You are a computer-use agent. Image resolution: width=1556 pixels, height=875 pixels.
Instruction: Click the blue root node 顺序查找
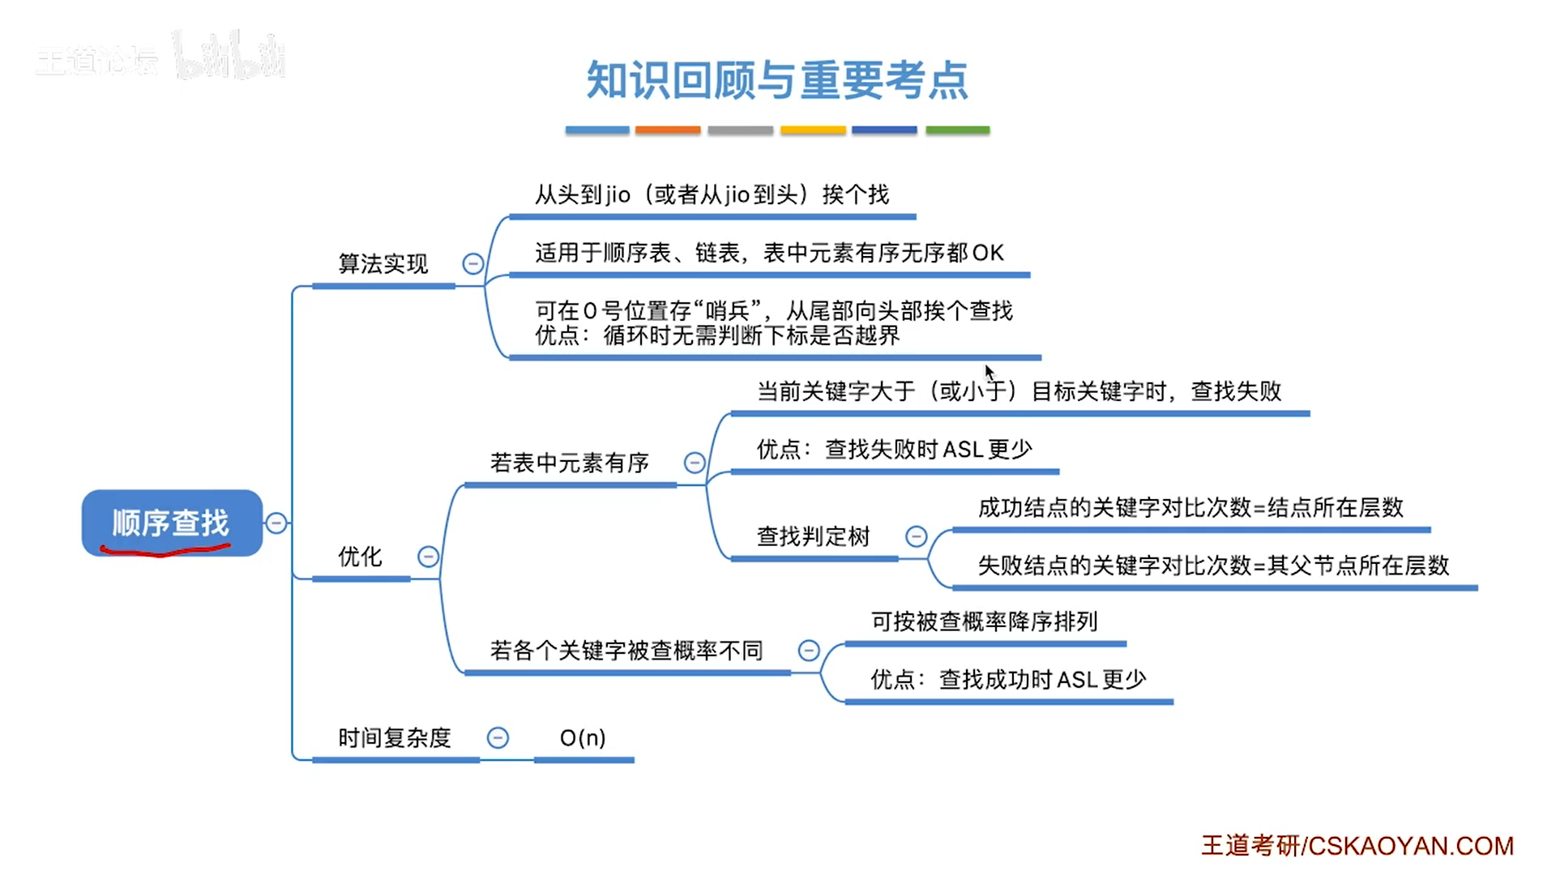click(x=172, y=523)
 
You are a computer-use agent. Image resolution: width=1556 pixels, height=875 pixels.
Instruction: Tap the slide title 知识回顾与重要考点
click(x=777, y=80)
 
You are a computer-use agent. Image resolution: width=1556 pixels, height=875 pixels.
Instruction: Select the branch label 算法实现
click(x=383, y=263)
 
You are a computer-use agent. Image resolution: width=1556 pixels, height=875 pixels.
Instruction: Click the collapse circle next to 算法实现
click(x=473, y=263)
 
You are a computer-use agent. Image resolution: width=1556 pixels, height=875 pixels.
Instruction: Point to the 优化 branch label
click(x=360, y=557)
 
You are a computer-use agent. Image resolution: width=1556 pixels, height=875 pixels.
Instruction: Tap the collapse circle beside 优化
click(x=428, y=557)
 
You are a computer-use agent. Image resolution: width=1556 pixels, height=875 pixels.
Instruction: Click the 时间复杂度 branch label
click(x=395, y=738)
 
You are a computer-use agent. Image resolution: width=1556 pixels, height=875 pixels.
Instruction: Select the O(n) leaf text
click(x=583, y=738)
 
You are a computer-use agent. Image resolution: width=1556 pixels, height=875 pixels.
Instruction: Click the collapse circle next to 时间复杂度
click(x=498, y=738)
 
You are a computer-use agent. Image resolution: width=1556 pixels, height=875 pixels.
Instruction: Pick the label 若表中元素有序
click(x=570, y=463)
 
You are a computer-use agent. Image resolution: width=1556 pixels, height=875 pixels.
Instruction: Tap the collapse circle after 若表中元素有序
click(x=695, y=463)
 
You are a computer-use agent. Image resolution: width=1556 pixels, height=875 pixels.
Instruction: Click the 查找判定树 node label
click(x=814, y=536)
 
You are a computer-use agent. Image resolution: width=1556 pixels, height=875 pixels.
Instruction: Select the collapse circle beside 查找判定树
click(x=916, y=536)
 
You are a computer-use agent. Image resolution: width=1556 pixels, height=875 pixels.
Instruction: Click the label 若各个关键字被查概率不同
click(x=626, y=651)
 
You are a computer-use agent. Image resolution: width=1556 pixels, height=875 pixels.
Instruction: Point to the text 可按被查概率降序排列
click(x=985, y=621)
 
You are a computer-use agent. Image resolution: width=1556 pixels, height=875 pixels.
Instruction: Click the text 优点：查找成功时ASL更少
click(x=1009, y=680)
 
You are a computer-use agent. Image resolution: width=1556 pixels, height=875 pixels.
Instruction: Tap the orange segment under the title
click(x=668, y=130)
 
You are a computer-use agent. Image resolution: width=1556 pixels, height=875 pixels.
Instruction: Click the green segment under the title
click(x=958, y=130)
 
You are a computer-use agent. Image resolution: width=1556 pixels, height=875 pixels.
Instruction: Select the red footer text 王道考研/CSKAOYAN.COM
click(x=1357, y=846)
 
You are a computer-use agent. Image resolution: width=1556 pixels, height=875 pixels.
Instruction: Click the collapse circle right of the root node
click(x=276, y=523)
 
